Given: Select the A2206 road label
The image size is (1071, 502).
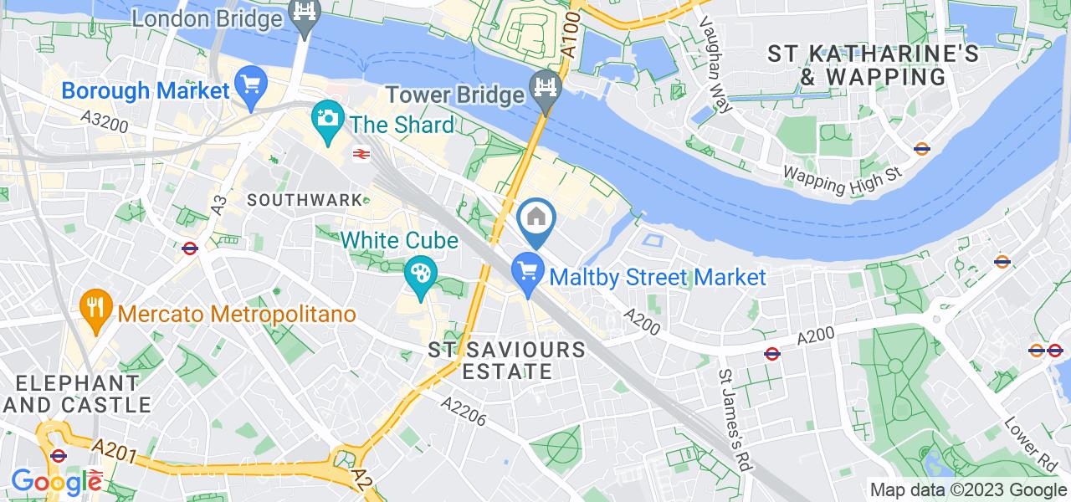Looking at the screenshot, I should click(x=464, y=411).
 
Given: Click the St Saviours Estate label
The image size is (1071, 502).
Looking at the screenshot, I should click(x=505, y=360).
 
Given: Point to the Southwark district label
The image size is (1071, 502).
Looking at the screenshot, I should click(x=305, y=201).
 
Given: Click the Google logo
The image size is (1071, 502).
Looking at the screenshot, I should click(x=57, y=481).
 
